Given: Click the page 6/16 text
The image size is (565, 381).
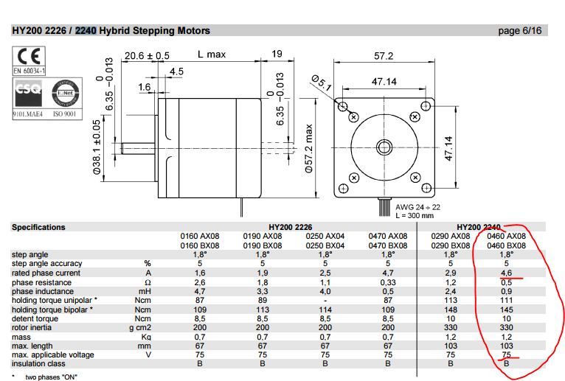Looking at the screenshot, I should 520,30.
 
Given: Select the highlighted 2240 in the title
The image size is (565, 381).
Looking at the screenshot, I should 86,31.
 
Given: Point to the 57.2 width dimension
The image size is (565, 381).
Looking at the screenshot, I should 384,55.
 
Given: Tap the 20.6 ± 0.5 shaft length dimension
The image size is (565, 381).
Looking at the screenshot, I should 147,55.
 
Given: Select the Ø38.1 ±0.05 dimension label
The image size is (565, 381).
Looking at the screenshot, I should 96,147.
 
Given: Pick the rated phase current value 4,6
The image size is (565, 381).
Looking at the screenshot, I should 506,273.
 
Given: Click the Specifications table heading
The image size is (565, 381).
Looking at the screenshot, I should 38,227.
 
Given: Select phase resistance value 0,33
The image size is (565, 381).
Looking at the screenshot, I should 387,282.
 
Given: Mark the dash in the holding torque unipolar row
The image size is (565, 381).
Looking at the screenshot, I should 325,300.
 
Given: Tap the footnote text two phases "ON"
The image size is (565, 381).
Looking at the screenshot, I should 52,377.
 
